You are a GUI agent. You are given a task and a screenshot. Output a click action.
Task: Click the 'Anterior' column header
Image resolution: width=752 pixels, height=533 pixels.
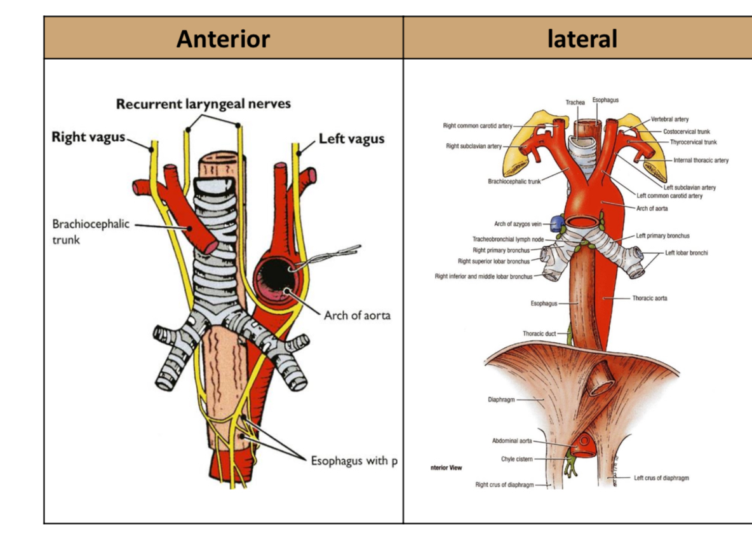click(x=223, y=39)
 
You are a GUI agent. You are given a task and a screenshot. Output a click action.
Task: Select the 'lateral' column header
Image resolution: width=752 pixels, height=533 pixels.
click(x=582, y=39)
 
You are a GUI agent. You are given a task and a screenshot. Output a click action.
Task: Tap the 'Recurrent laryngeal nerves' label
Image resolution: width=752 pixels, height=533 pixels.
click(x=203, y=103)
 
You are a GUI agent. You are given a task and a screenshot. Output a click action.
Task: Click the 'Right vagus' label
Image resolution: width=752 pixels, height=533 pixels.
click(x=88, y=137)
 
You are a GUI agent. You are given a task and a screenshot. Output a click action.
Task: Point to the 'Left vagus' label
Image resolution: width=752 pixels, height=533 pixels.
click(x=351, y=139)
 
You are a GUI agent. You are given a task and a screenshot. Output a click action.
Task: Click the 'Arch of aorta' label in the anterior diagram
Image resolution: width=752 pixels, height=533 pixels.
click(x=357, y=315)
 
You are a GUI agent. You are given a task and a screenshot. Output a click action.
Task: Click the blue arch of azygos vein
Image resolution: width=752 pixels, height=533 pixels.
click(x=557, y=223)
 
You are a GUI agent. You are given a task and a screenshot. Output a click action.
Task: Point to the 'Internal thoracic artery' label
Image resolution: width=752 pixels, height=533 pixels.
click(x=701, y=160)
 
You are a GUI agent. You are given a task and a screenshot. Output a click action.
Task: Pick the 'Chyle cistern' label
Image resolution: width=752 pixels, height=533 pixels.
click(x=516, y=459)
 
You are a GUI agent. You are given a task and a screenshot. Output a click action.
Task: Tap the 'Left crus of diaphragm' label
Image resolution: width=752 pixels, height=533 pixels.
click(x=661, y=478)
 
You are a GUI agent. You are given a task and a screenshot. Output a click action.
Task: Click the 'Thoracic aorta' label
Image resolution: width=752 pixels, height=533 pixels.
click(x=649, y=298)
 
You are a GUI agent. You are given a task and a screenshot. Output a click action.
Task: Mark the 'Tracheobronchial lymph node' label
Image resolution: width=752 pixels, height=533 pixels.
click(x=508, y=239)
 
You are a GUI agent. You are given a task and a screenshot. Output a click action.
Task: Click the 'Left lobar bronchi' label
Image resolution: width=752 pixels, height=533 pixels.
click(x=686, y=253)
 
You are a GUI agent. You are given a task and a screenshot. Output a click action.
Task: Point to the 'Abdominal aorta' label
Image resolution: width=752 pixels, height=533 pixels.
click(x=512, y=440)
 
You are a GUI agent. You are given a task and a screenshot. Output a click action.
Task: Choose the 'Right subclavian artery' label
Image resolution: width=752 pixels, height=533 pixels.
click(x=473, y=146)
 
